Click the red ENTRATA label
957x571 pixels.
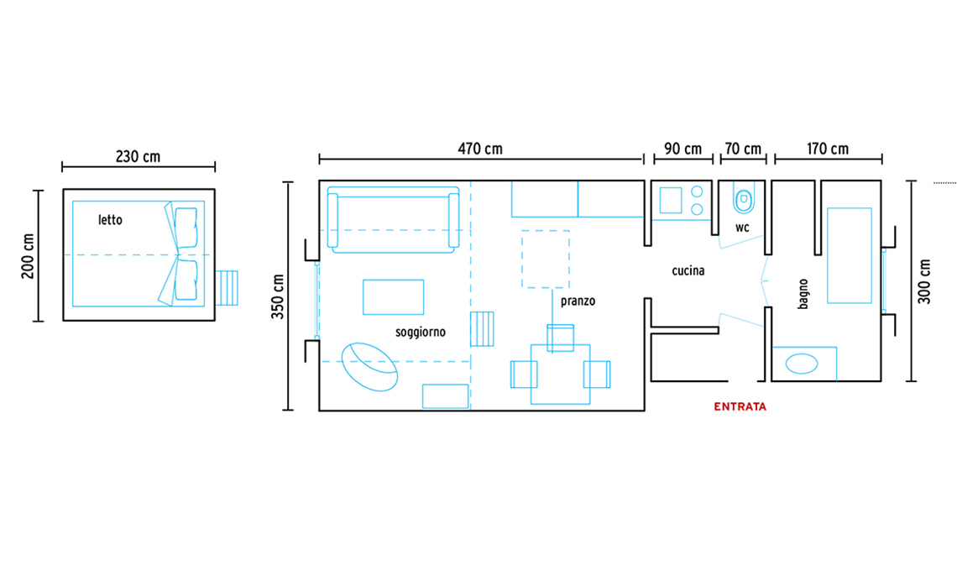(740, 406)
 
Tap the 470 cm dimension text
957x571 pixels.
(480, 149)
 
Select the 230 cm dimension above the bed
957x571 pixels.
(138, 157)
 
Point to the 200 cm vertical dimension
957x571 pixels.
(28, 256)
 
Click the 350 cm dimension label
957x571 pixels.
(278, 296)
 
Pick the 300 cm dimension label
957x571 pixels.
(924, 281)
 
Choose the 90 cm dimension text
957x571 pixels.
(683, 149)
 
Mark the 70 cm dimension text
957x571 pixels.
(743, 149)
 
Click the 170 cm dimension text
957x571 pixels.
(828, 149)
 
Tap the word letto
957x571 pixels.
(111, 220)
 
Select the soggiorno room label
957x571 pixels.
(421, 333)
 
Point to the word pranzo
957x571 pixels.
(578, 301)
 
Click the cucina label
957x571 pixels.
(688, 270)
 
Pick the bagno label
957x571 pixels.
(803, 294)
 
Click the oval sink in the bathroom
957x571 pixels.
(802, 364)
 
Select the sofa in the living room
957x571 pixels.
(394, 220)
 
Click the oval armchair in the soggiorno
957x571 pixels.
(369, 366)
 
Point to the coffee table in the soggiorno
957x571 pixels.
(393, 296)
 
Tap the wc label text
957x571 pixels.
(742, 228)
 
